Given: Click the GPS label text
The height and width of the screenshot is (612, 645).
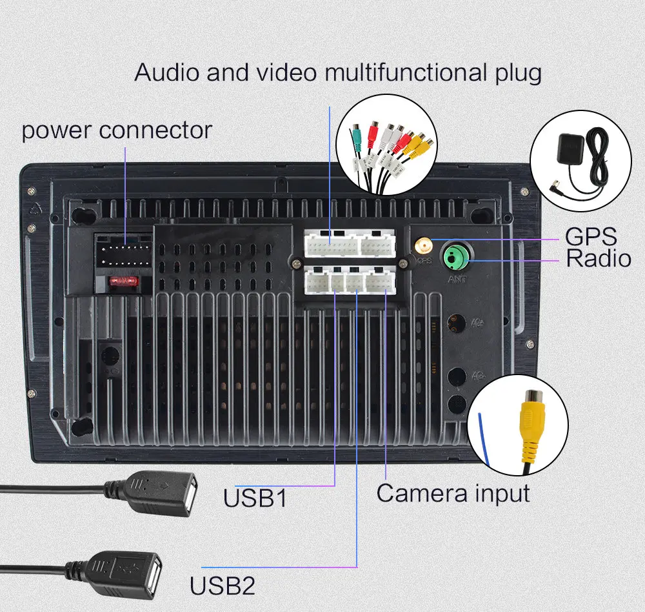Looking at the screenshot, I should click(591, 236).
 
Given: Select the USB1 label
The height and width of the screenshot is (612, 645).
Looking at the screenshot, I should click(255, 498).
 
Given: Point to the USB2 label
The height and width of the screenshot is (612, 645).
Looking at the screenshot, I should click(223, 586).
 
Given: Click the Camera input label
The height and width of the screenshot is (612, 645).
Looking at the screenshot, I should click(453, 493).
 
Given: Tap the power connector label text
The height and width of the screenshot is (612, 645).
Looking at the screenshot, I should click(117, 130).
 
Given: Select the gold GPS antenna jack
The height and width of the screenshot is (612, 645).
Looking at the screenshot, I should click(424, 246).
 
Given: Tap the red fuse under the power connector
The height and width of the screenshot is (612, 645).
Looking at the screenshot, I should click(121, 282).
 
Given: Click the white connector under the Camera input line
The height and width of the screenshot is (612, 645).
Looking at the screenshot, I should click(380, 281).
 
